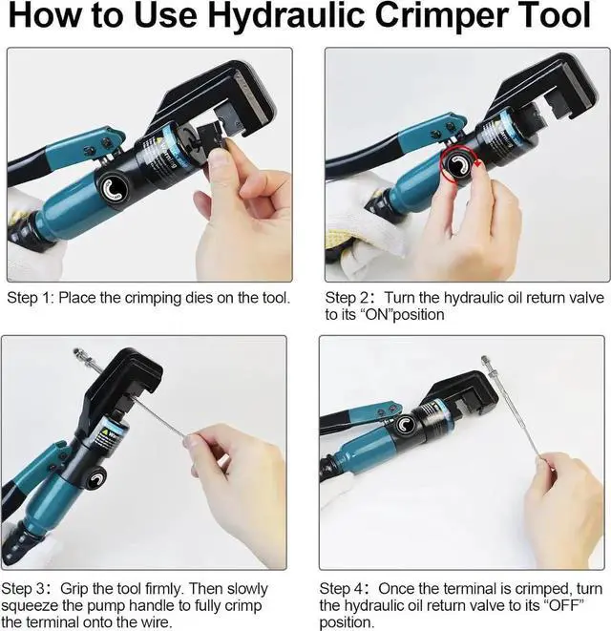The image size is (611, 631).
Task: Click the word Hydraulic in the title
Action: pos(287,16)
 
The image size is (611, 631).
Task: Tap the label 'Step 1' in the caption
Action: pos(31,298)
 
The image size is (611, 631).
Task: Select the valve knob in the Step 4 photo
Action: pos(406,426)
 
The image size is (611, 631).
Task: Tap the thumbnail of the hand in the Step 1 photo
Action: pos(219,158)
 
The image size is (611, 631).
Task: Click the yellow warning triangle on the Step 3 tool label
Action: pos(106,433)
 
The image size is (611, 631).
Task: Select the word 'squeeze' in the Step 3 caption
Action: pos(28,605)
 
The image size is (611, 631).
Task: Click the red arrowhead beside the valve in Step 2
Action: pos(477,163)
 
